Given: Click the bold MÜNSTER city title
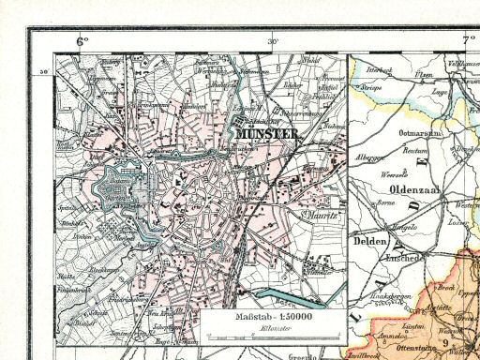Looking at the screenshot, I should tap(268, 133).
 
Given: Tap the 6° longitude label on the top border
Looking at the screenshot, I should tap(82, 40).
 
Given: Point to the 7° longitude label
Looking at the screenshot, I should tap(467, 40).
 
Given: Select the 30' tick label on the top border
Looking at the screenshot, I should tap(273, 41).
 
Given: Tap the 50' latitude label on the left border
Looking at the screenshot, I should tap(41, 69).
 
